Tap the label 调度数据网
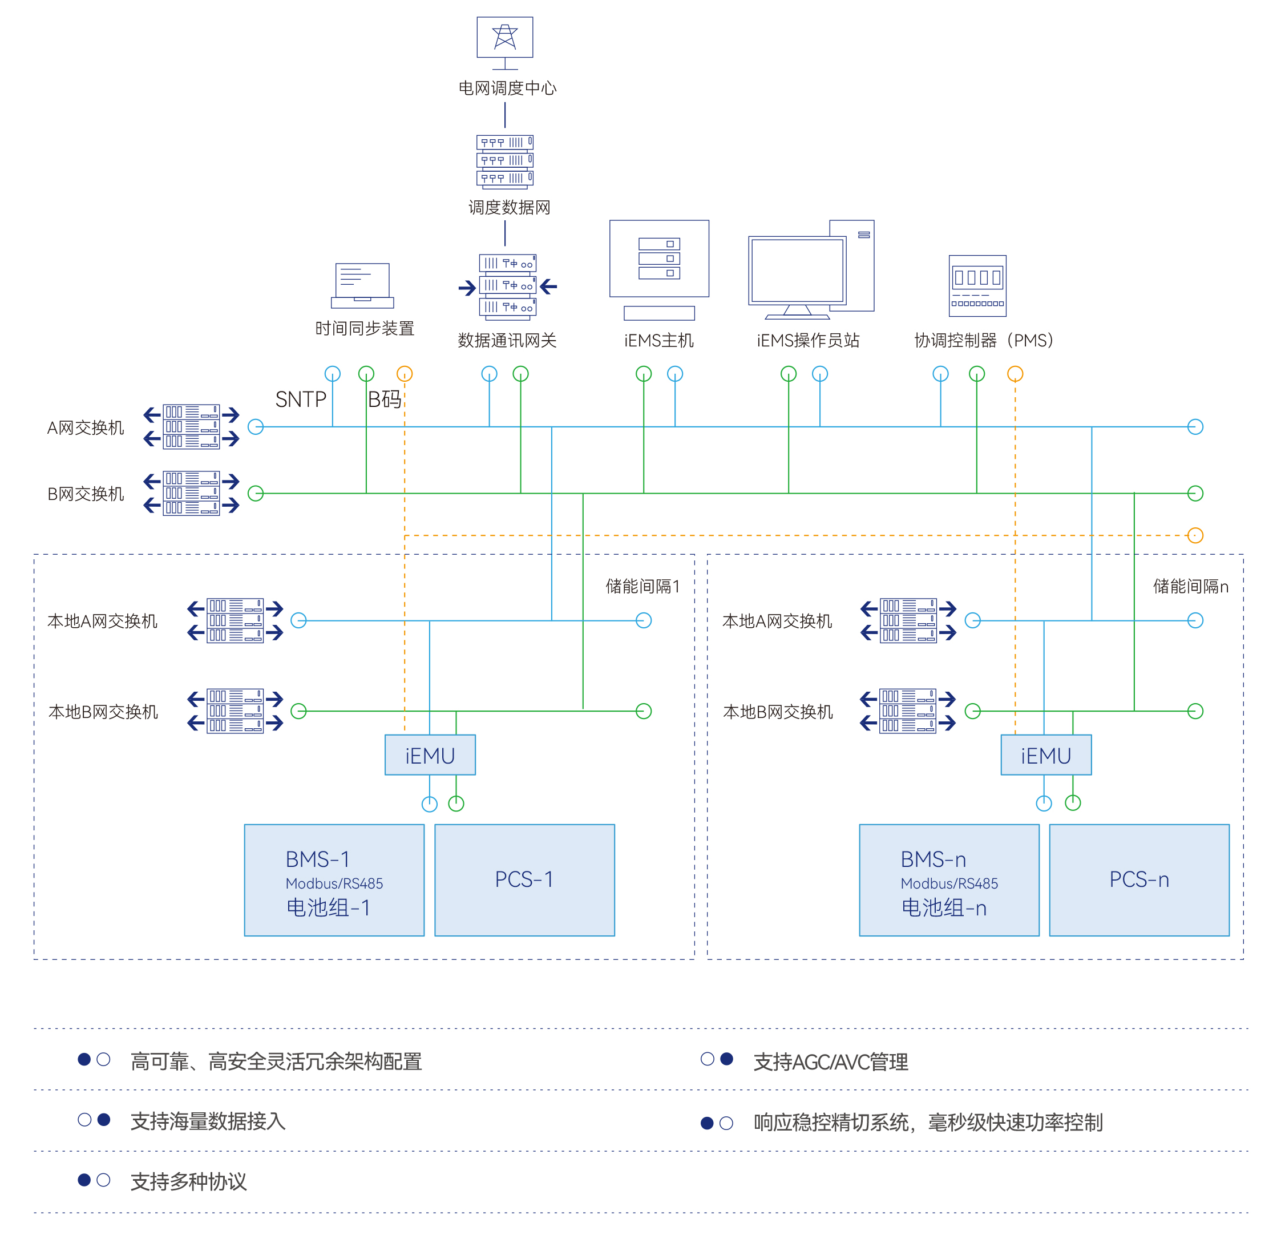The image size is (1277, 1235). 510,207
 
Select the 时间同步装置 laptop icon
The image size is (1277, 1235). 362,285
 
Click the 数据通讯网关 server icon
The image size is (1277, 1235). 507,285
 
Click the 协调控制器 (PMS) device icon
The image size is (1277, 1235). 977,285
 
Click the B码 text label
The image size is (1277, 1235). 385,399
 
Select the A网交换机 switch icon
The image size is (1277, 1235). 191,427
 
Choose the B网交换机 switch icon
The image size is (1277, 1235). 191,493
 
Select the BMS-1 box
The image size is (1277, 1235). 334,881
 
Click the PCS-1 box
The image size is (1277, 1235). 524,881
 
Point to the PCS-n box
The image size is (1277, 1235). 1139,881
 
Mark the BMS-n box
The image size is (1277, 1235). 949,881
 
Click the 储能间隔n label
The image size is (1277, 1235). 1190,587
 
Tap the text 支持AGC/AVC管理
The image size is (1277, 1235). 831,1062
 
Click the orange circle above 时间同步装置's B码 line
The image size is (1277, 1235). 405,373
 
